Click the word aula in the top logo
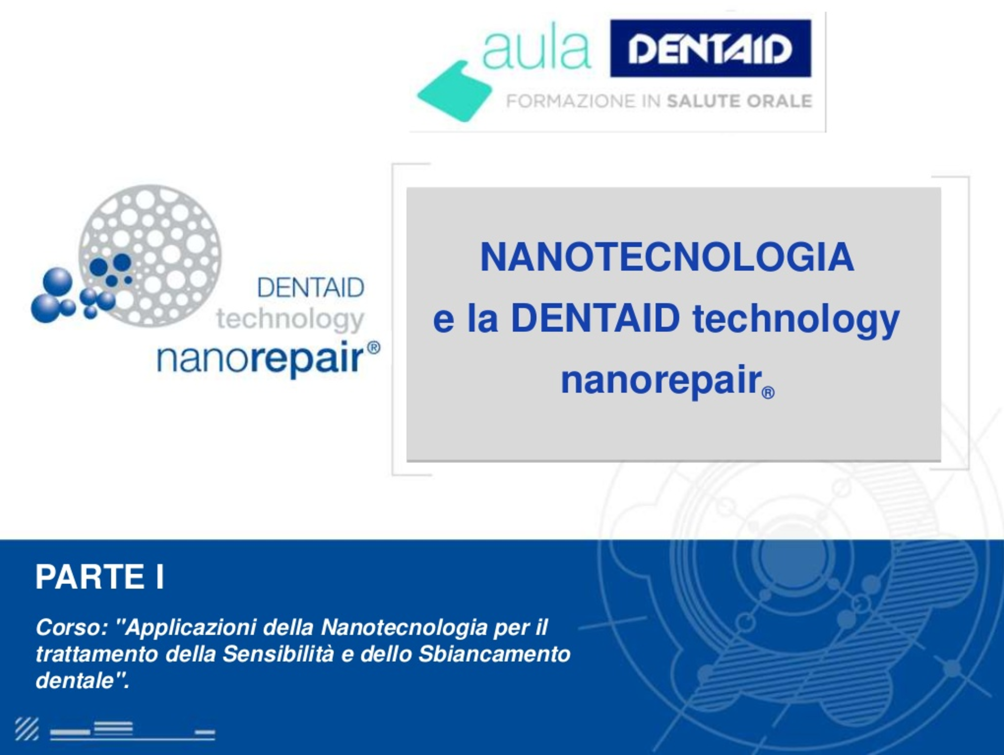pos(536,50)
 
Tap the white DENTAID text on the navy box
pos(710,49)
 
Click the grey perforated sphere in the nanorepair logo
pos(150,256)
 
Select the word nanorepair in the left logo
pos(260,359)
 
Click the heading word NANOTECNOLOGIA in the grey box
pos(667,257)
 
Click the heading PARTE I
pos(100,576)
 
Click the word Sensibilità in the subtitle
pos(278,654)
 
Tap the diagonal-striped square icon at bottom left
pos(27,729)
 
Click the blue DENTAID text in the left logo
pos(311,288)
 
